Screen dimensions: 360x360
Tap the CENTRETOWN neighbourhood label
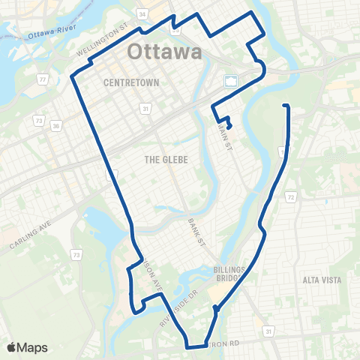pyautogui.click(x=132, y=82)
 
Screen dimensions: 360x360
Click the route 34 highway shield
pyautogui.click(x=143, y=13)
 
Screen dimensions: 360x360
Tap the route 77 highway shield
pyautogui.click(x=43, y=79)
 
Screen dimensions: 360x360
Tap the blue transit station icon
pyautogui.click(x=230, y=80)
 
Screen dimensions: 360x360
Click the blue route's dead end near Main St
pyautogui.click(x=229, y=125)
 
